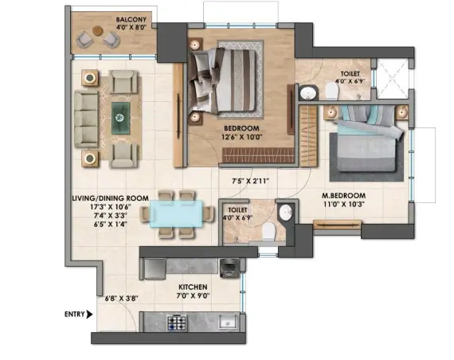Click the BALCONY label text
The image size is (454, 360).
click(x=131, y=20)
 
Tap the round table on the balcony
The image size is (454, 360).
click(x=98, y=30)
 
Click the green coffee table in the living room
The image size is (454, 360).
click(x=121, y=118)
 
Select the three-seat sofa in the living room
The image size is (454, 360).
click(x=86, y=119)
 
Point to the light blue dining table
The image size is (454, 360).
click(x=176, y=213)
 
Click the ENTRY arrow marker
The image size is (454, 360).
click(x=90, y=315)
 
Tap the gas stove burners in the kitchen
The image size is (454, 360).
click(x=176, y=323)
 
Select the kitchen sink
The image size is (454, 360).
click(x=228, y=322)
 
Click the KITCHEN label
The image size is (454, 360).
click(x=193, y=287)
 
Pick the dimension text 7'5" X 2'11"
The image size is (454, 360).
click(x=251, y=182)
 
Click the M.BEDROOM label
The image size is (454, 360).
click(x=343, y=195)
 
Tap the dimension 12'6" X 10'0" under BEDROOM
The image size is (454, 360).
click(x=242, y=137)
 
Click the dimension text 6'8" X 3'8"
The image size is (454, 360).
click(x=121, y=299)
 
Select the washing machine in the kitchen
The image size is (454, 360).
click(x=229, y=268)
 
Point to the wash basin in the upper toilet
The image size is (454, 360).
click(x=307, y=93)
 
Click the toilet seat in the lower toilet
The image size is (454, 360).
click(x=268, y=231)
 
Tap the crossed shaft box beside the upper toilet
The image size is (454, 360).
click(x=393, y=79)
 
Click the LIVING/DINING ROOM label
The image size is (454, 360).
click(x=111, y=198)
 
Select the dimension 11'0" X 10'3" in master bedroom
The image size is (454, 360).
click(x=343, y=204)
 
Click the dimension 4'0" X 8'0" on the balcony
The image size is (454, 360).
click(x=131, y=28)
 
